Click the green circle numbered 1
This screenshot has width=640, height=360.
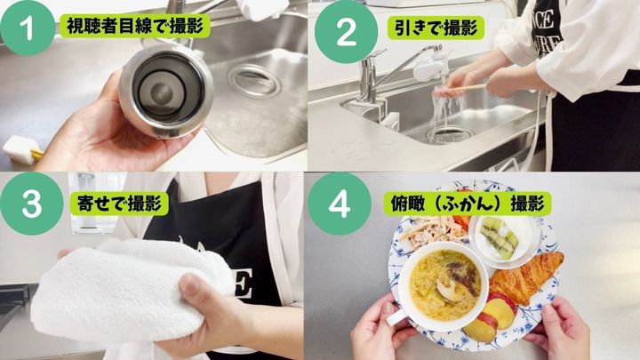tap(27, 28)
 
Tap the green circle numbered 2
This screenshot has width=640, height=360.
tap(346, 32)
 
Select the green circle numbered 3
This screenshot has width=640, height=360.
tap(31, 204)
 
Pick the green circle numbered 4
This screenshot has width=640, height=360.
tap(340, 204)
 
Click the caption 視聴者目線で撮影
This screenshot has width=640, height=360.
tap(135, 27)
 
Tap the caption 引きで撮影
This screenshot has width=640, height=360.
tap(436, 28)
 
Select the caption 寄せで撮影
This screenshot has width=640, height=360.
tap(119, 204)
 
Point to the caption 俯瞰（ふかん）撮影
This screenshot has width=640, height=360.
tap(468, 204)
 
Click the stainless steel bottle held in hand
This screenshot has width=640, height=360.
tap(166, 91)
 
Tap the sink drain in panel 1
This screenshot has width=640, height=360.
tap(254, 80)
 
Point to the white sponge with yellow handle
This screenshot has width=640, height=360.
tap(21, 149)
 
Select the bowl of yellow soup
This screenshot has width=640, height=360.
tap(443, 286)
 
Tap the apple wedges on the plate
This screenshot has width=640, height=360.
tap(491, 317)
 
